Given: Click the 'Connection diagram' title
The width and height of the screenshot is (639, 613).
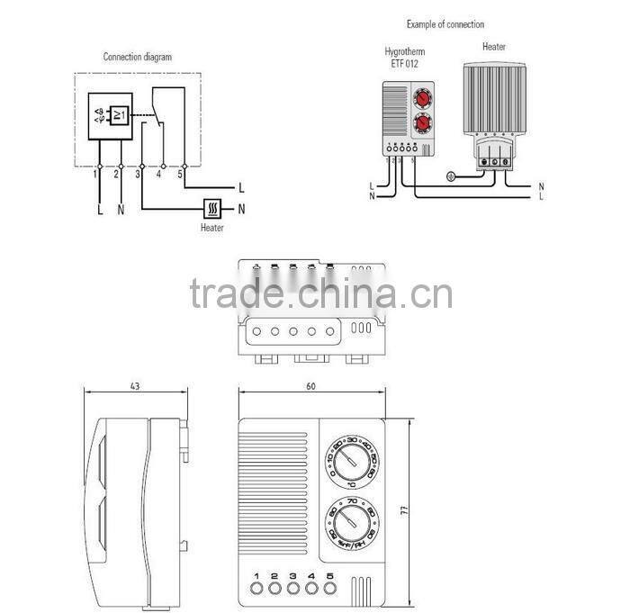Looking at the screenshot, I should [137, 57].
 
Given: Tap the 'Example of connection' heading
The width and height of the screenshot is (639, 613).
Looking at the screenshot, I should [445, 23].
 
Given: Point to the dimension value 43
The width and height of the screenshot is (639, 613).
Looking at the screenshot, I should [133, 386].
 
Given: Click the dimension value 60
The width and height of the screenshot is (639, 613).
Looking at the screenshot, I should [310, 386].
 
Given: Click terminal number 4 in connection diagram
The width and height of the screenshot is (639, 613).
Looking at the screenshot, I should [159, 176].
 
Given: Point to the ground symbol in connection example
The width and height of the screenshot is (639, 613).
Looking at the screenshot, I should [452, 178].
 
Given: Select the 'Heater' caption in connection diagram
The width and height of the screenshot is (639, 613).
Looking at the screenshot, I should [211, 228].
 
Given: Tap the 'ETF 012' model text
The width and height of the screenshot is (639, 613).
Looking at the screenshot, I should [402, 64].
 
